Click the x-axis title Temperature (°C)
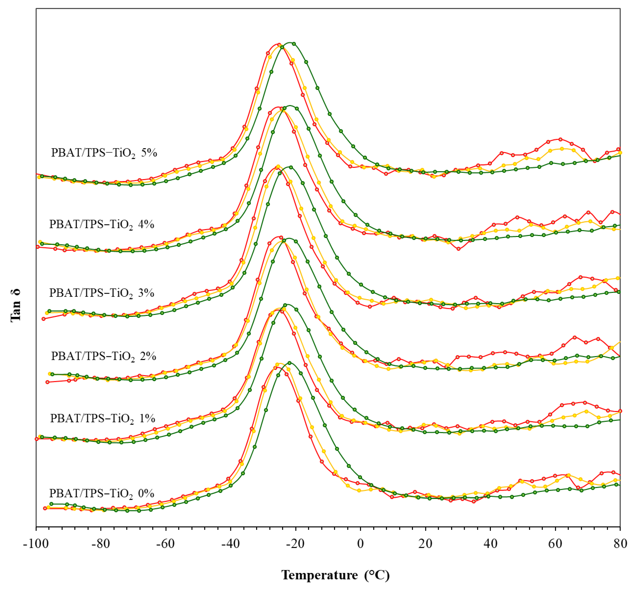coord(335,575)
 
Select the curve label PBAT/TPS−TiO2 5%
coord(104,153)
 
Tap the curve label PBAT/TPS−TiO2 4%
coord(101,225)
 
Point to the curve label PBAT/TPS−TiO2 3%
coord(101,293)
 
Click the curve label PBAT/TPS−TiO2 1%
coord(102,418)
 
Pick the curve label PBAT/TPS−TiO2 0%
coord(101,493)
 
